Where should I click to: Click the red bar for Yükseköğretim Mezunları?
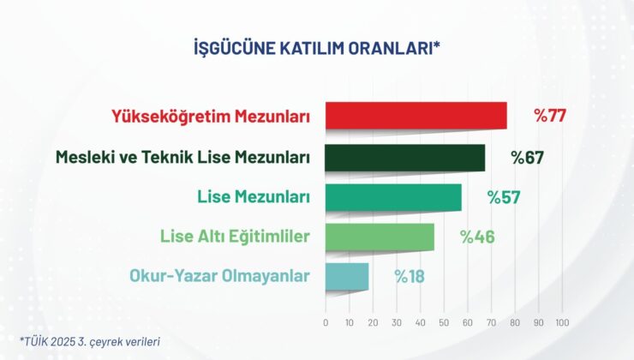[x=416, y=116]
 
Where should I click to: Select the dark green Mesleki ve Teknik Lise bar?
[x=405, y=158]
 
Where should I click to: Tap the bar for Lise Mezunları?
[x=393, y=197]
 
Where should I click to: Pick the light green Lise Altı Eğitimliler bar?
[x=380, y=237]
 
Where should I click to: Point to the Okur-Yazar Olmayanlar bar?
[x=347, y=276]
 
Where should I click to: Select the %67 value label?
[x=528, y=158]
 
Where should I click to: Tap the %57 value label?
[x=504, y=197]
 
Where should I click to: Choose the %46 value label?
[x=477, y=237]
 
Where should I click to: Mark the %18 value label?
[x=410, y=276]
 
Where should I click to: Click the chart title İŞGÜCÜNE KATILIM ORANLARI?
[x=317, y=48]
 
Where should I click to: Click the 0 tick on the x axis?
[x=326, y=323]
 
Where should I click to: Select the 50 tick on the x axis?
[x=444, y=323]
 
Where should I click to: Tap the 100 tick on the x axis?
[x=562, y=323]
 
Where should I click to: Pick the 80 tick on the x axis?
[x=515, y=323]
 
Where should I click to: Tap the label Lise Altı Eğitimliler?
[x=235, y=237]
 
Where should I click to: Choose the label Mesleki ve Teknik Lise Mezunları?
[x=182, y=158]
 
